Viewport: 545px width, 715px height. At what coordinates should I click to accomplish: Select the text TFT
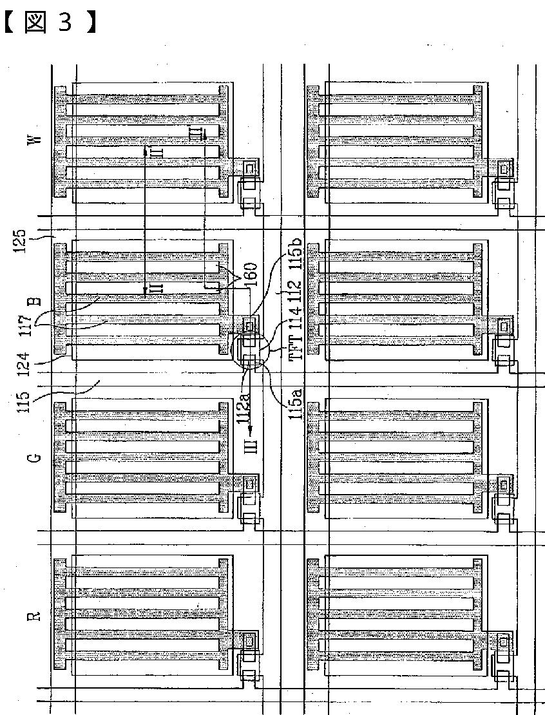tap(296, 348)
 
